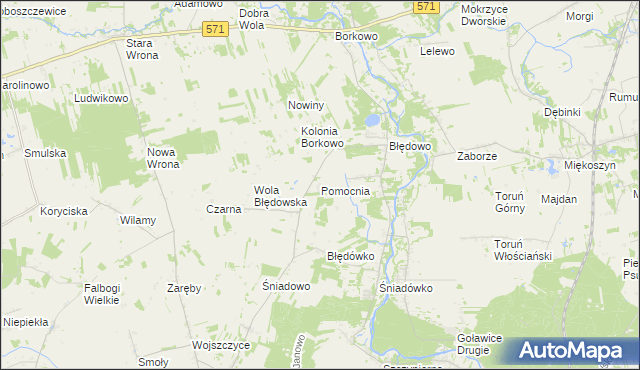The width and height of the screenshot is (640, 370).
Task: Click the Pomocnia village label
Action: [346, 190]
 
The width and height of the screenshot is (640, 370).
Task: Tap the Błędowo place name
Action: [409, 146]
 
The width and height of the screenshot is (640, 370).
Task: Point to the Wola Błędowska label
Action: [279, 195]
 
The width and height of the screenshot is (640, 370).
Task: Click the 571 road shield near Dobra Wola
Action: [214, 29]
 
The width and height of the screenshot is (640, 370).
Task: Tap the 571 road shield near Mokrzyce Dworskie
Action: [427, 6]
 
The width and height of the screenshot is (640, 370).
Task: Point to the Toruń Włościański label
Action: [523, 250]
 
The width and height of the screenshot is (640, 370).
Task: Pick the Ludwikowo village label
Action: [102, 99]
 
